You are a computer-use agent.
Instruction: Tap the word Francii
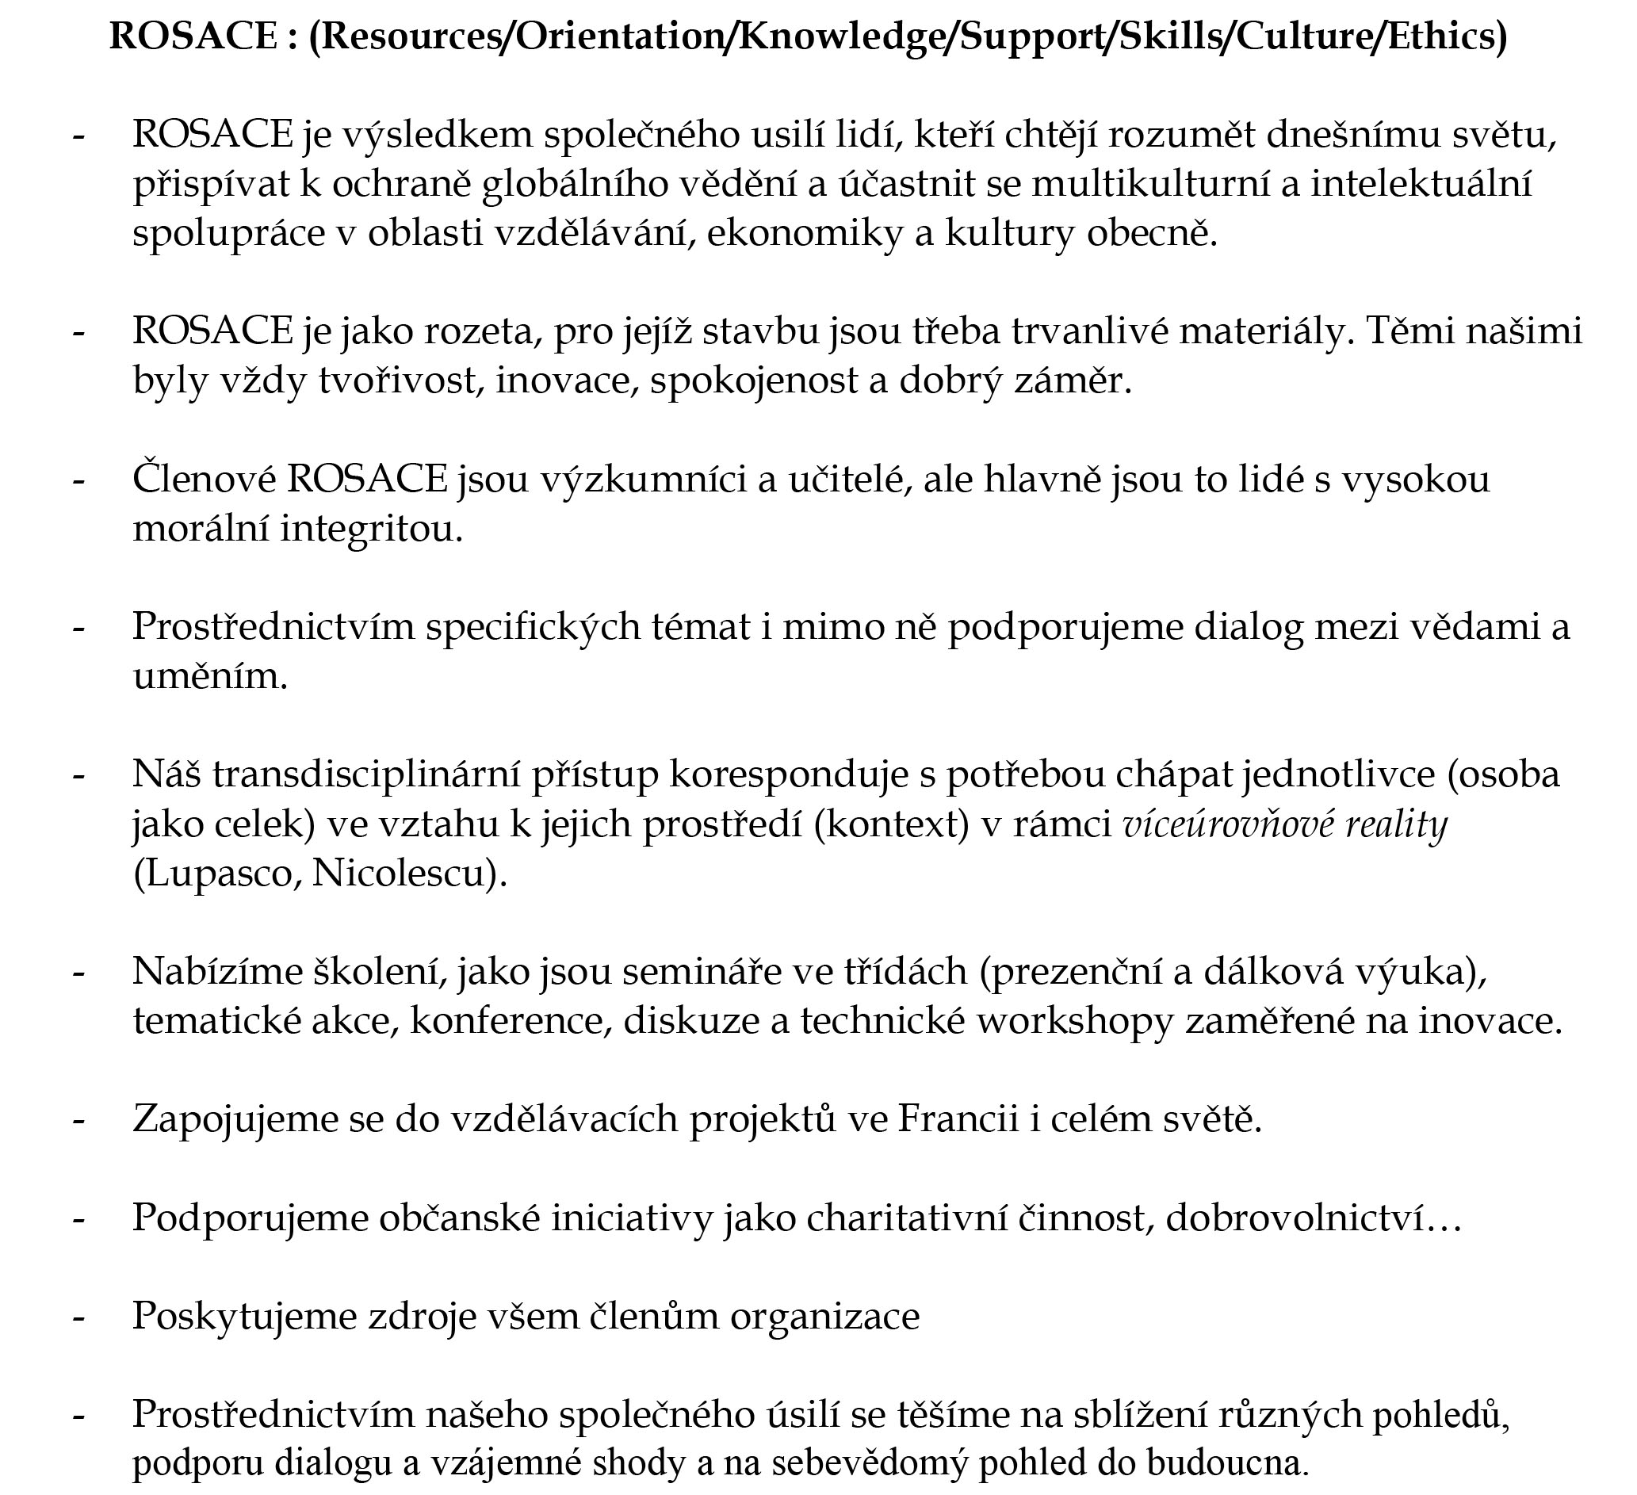pos(958,1119)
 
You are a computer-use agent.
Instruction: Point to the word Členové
pos(204,479)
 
